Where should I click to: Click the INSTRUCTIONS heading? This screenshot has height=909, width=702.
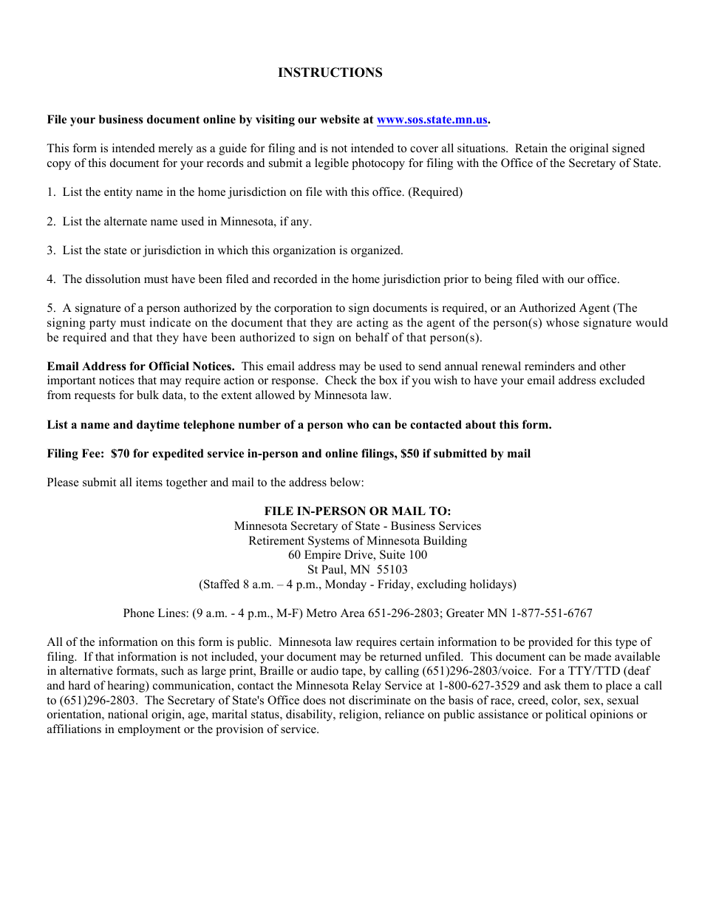pos(330,72)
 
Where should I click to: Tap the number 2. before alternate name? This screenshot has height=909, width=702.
pos(51,222)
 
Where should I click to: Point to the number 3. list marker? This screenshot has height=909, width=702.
pos(51,251)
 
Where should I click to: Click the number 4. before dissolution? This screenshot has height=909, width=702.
pos(51,279)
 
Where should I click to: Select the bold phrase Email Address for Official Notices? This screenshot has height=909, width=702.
pos(141,367)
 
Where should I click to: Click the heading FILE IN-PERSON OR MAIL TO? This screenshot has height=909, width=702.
pos(358,511)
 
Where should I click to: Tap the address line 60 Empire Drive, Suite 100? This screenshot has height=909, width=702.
pos(358,555)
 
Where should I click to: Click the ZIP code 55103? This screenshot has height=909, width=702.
pos(392,570)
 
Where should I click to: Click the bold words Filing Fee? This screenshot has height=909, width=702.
pos(76,454)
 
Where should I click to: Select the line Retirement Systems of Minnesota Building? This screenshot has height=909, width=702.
pos(358,541)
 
